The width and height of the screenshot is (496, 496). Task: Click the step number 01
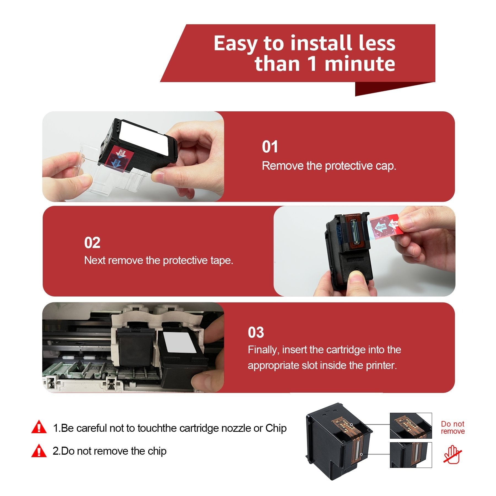coord(270,147)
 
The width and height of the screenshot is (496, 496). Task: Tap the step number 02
coord(92,243)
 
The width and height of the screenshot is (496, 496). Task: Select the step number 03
coord(256,332)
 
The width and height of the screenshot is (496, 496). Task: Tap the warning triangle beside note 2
coord(39,451)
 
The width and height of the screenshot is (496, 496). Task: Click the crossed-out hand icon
coord(452,454)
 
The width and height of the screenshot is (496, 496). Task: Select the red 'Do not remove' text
coord(453,427)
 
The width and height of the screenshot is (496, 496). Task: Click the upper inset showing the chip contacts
coord(411,426)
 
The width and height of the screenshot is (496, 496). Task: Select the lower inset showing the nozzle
coord(411,455)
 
